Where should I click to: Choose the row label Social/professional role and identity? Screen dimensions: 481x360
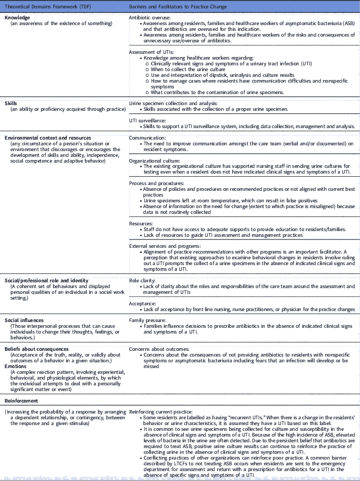tap(47, 280)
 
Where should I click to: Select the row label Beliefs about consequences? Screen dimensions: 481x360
tap(36, 348)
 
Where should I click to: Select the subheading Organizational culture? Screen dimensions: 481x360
tap(155, 161)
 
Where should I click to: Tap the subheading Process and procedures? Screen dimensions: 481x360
tap(156, 184)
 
